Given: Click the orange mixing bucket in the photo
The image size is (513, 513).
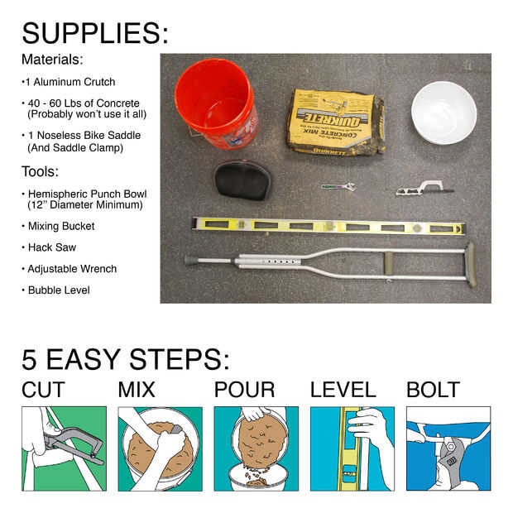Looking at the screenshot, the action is click(x=216, y=104).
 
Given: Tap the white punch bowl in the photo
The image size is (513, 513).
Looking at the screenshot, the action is click(x=443, y=113).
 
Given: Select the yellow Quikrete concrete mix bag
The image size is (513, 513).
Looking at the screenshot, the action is click(x=335, y=122).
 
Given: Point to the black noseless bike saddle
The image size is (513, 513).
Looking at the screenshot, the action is click(x=242, y=180).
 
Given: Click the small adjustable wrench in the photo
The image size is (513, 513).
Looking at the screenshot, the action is click(x=338, y=187).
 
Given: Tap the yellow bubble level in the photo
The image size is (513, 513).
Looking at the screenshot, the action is click(x=328, y=225).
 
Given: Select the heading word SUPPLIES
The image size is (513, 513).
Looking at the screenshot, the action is click(x=95, y=33).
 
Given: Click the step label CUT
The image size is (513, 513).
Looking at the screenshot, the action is click(x=43, y=390).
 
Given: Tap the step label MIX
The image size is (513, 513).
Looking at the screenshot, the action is click(x=137, y=390).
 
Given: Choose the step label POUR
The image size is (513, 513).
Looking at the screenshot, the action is click(x=244, y=390).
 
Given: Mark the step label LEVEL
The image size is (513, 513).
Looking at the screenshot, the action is click(x=343, y=390).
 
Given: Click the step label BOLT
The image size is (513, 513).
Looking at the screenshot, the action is click(x=434, y=390).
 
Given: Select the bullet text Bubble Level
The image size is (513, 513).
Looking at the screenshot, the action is click(x=59, y=290).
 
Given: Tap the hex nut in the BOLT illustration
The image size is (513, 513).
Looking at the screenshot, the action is click(x=450, y=446).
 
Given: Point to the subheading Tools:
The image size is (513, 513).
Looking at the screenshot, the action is click(x=40, y=172).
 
